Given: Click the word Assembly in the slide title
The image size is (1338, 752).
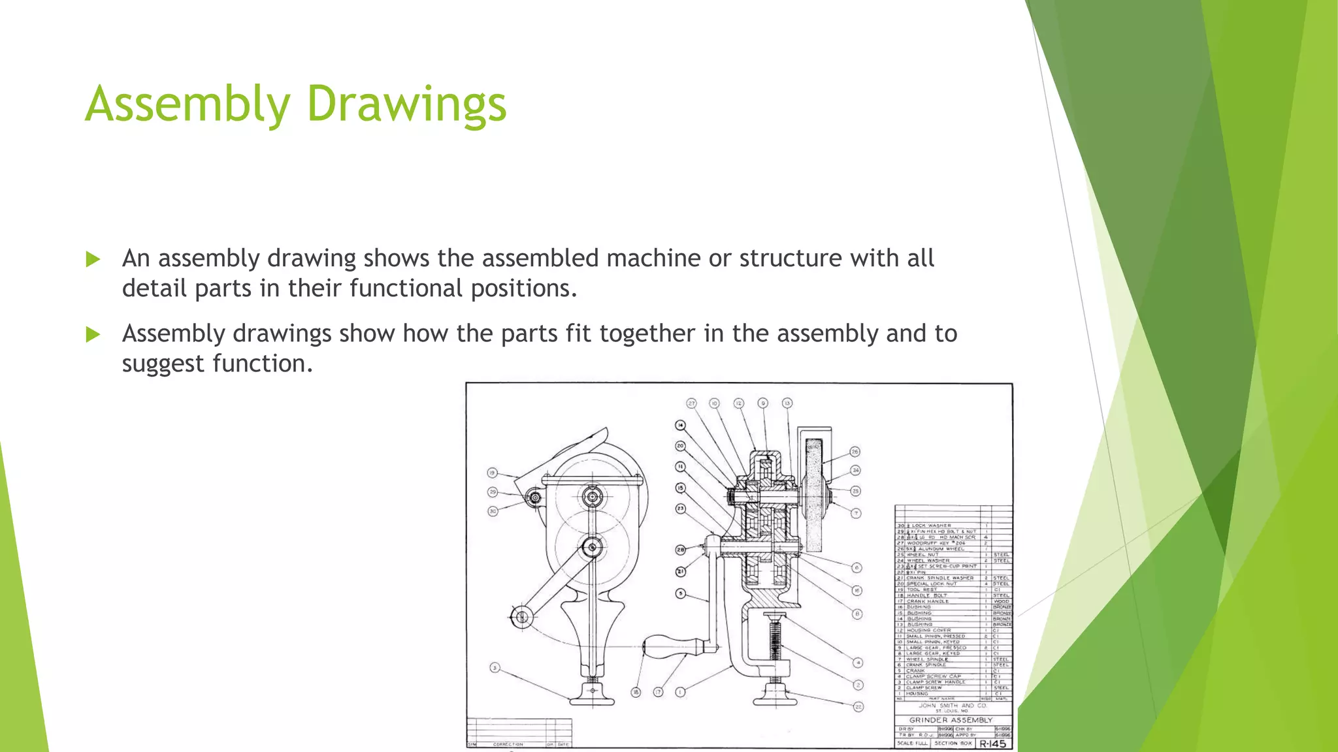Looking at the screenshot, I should pos(188,104).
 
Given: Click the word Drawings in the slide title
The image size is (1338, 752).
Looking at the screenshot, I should pos(406,104).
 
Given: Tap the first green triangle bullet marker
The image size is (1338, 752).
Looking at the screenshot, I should pos(93,259).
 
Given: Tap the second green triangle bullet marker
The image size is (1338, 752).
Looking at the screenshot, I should pos(93,335).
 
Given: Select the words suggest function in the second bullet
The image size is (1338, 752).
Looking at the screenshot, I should pos(217,364).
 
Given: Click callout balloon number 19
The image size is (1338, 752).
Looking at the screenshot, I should pos(493,473).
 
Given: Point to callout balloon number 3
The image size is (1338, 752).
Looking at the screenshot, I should pos(495,667).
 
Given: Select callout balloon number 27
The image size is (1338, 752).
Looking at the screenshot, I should pos(692,403).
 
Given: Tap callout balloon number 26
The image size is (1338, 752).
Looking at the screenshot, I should pos(855,452).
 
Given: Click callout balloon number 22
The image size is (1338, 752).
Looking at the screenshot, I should pos(858,706).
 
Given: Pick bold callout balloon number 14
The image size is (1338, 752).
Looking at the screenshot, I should pos(680,426).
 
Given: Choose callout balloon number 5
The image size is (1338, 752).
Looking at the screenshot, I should pos(680,593).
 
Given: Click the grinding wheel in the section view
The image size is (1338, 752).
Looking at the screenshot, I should pos(815,496).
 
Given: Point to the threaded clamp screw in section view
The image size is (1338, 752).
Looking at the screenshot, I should pos(775,640).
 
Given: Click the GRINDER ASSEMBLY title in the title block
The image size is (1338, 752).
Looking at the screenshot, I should pos(951,719).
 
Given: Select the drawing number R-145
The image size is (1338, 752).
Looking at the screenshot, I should pos(992,744).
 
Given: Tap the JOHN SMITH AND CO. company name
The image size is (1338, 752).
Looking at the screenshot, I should pos(952,705).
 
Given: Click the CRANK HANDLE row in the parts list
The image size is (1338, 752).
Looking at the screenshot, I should pos(927,601).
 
